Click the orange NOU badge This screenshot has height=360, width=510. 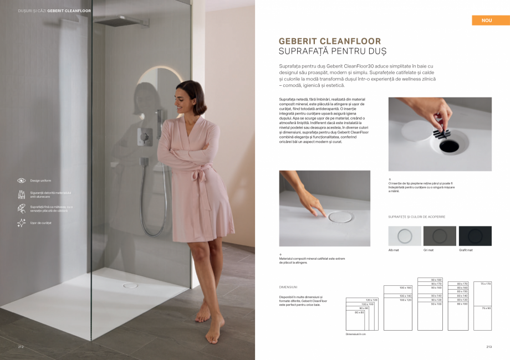point(487,20)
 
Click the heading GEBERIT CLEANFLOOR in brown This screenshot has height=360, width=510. point(330,41)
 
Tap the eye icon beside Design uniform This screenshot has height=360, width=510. point(22,181)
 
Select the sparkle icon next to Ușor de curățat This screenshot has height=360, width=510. point(22,223)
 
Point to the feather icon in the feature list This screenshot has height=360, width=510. point(22,208)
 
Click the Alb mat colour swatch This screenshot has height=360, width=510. point(405,236)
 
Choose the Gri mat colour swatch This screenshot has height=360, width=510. point(440,236)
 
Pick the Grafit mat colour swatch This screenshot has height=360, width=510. point(475,236)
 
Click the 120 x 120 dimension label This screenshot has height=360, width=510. point(371,300)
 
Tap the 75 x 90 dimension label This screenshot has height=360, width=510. point(486,308)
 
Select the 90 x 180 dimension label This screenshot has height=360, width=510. point(436,280)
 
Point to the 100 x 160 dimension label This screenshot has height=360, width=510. point(405,288)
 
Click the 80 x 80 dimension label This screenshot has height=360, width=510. point(359,312)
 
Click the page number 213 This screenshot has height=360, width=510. point(489,347)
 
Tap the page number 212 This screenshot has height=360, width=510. point(21,347)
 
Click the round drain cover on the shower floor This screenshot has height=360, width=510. point(130,285)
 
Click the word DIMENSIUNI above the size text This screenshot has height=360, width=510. point(288,287)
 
